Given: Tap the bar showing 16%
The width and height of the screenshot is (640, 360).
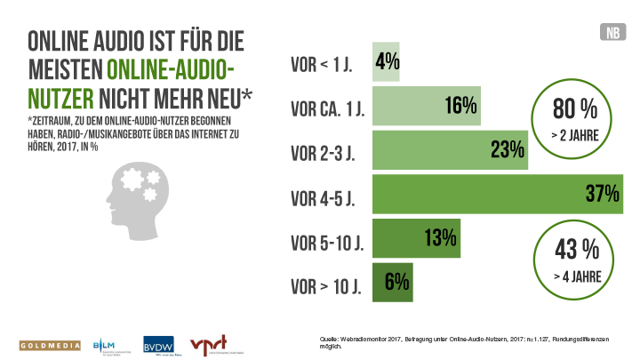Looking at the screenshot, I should click(x=425, y=107).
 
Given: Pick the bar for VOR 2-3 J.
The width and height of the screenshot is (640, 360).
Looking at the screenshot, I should click(x=449, y=150).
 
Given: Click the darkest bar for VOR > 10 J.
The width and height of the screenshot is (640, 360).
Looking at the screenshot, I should click(x=391, y=282).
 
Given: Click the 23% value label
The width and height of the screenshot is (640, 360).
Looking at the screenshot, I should click(x=506, y=150).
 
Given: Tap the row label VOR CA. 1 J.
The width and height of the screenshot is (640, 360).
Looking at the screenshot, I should click(x=329, y=108).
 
